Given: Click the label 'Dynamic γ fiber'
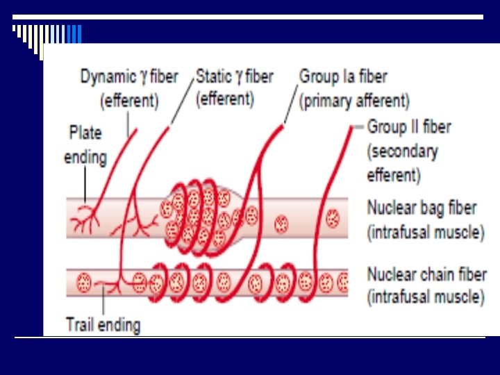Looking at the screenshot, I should (x=129, y=76).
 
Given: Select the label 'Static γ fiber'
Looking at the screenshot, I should (x=235, y=76).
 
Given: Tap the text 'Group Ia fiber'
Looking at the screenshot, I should (x=343, y=76).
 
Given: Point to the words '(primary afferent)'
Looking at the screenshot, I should (x=354, y=101).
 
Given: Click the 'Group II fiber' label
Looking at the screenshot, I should (x=409, y=127).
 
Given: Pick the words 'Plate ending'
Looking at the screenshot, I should (x=85, y=144).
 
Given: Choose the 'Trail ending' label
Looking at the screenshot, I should (x=103, y=324).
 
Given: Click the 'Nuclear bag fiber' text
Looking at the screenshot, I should (x=422, y=208).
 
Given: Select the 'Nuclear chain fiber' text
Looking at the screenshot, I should (x=426, y=274).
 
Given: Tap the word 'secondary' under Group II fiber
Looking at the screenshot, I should (x=402, y=151).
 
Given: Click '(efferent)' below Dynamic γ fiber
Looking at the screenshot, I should (x=130, y=101).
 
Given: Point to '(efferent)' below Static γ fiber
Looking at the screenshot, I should (x=225, y=99).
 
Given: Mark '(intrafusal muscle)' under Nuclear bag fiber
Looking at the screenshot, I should (x=426, y=232).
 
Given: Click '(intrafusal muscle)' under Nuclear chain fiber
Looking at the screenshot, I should (x=426, y=298).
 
